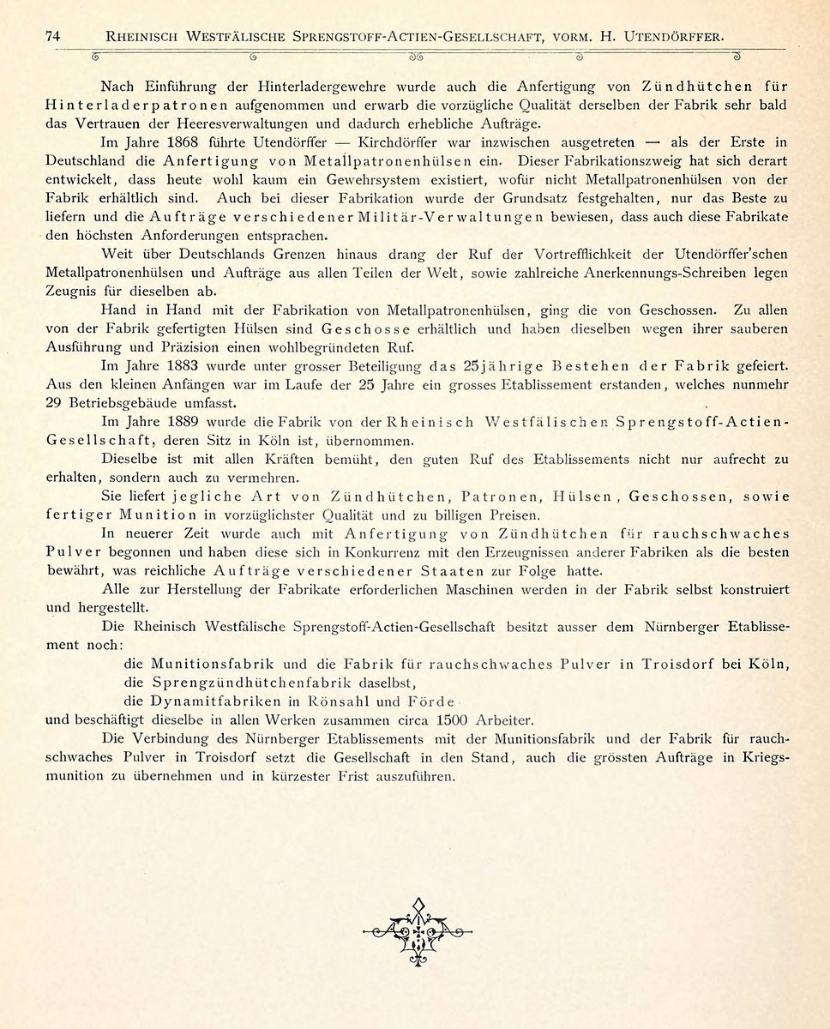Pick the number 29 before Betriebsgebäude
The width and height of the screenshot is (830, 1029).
[x=55, y=401]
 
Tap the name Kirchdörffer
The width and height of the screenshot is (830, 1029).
[x=405, y=142]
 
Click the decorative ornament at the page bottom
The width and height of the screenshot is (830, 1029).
[x=418, y=930]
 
